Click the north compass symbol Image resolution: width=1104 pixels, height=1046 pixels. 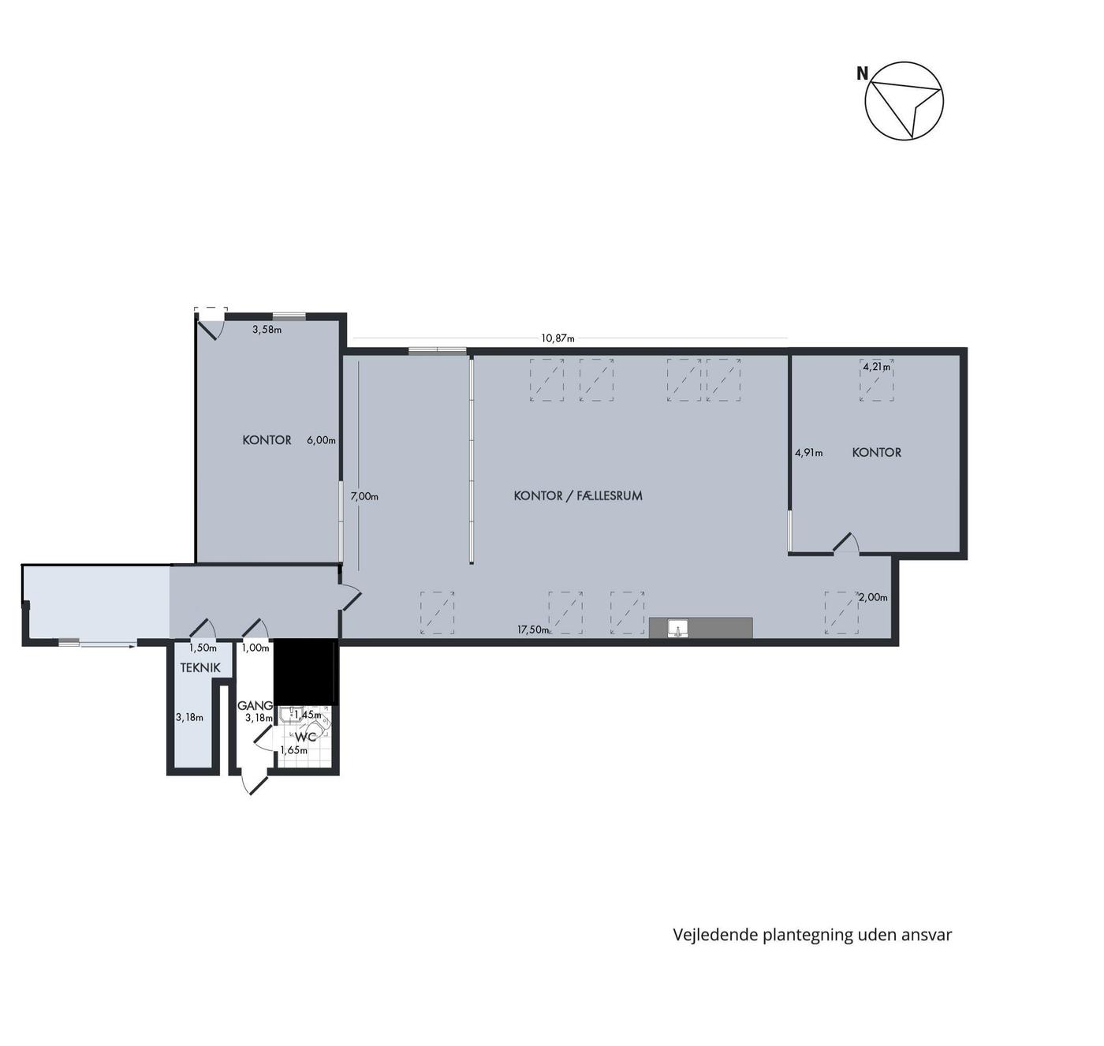click(x=904, y=101)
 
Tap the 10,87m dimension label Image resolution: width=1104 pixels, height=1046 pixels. click(x=558, y=338)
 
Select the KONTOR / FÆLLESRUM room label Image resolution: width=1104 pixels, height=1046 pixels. click(x=578, y=495)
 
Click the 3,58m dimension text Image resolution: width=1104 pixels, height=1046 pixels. click(x=267, y=330)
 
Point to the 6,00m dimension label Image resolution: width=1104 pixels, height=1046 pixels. click(x=321, y=440)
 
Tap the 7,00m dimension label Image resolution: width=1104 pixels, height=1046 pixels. click(x=364, y=496)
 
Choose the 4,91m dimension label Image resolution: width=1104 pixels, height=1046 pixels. click(x=808, y=453)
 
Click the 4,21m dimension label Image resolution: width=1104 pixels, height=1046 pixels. click(x=877, y=367)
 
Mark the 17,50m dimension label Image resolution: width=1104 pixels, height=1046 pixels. click(x=533, y=629)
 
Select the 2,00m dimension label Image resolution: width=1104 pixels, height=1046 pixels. click(x=873, y=598)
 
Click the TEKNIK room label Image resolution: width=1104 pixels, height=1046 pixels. click(x=200, y=668)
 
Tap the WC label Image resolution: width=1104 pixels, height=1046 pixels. click(x=305, y=737)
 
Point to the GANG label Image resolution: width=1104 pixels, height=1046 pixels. click(x=255, y=705)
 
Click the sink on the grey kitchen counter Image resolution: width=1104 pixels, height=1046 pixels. click(x=679, y=628)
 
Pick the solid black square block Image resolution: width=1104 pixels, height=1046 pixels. click(x=304, y=671)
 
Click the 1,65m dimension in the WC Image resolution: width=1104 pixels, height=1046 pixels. click(x=293, y=750)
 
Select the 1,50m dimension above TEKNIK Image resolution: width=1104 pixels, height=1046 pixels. click(x=202, y=648)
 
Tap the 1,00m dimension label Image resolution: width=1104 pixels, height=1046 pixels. click(x=255, y=648)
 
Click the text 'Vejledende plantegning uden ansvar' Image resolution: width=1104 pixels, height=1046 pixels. click(x=812, y=936)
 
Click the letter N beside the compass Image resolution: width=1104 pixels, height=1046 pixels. click(x=862, y=73)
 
